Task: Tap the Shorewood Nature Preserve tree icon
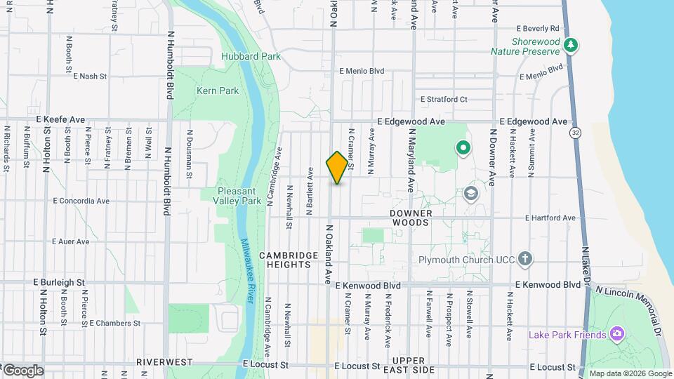tap(571, 46)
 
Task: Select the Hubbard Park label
tap(251, 56)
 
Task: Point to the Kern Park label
tap(218, 91)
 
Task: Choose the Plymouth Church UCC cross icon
tap(524, 260)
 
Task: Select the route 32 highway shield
tap(576, 133)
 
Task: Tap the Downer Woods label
tap(410, 217)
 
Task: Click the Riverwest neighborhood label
tap(164, 362)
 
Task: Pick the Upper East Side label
tap(414, 365)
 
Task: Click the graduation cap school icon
tap(471, 194)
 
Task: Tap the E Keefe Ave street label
tap(60, 120)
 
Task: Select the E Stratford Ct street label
tap(441, 100)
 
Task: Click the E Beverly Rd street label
tap(537, 29)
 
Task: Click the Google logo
tap(22, 371)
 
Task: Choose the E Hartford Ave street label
tap(548, 218)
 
